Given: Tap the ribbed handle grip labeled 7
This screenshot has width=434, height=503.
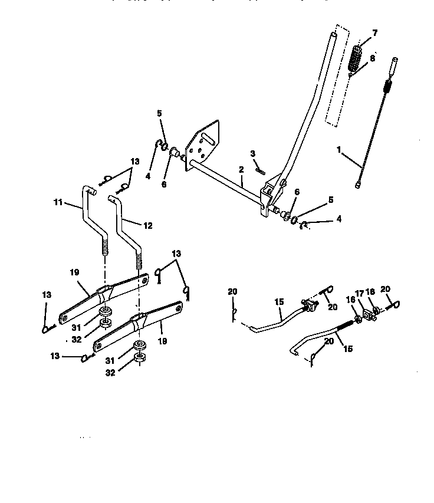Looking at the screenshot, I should pyautogui.click(x=356, y=57).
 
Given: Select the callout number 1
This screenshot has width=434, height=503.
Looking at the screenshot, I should pyautogui.click(x=339, y=150).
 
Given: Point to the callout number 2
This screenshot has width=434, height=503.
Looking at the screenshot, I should pyautogui.click(x=241, y=170).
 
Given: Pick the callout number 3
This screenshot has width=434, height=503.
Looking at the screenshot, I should pyautogui.click(x=253, y=153).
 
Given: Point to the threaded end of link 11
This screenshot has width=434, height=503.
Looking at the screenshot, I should pyautogui.click(x=106, y=243).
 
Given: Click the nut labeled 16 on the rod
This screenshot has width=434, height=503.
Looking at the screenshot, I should pyautogui.click(x=357, y=320).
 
